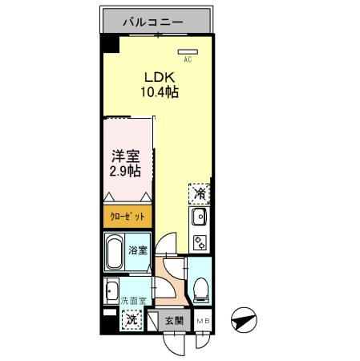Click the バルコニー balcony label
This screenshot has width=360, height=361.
click(x=157, y=22)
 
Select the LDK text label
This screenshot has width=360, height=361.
click(x=157, y=77)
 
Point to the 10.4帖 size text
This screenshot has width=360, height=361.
click(x=160, y=92)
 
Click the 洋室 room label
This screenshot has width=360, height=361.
click(x=125, y=156)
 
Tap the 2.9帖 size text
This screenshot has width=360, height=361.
click(x=126, y=172)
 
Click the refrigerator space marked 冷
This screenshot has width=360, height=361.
click(x=200, y=193)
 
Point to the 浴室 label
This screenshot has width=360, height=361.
click(x=138, y=250)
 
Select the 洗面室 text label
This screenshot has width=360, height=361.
click(x=133, y=301)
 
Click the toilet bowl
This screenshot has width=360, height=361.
click(x=200, y=287)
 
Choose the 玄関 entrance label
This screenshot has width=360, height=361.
click(x=175, y=321)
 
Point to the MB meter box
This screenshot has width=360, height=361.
click(x=204, y=321)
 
